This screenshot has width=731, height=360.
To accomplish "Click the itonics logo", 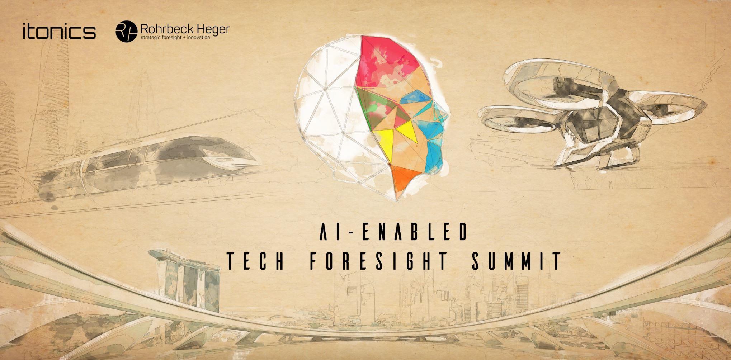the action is click(59, 31).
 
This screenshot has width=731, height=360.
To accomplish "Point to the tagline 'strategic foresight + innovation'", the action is click(175, 37).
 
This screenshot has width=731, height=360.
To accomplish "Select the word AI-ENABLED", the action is click(393, 232).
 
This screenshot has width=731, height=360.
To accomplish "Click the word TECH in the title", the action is click(256, 261).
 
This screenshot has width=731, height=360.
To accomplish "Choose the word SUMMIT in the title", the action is click(517, 261).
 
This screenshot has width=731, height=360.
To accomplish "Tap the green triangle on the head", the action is click(368, 108).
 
